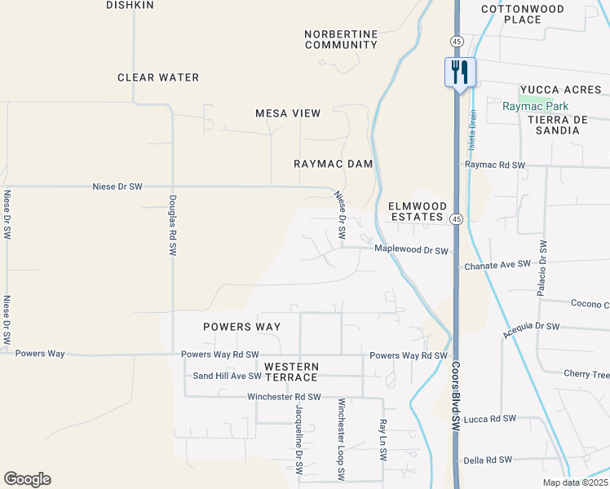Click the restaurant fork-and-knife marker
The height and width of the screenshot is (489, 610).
coord(459,72)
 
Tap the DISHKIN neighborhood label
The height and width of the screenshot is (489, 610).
coord(130,5)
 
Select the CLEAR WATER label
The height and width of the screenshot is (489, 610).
coord(158,77)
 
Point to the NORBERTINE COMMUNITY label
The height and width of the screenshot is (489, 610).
coord(341,39)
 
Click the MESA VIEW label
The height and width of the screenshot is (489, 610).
coord(288,113)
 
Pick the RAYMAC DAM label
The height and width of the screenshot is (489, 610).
coord(333,164)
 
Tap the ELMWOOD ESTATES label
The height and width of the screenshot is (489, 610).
coord(417,212)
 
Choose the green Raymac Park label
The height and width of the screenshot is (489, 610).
coord(535,106)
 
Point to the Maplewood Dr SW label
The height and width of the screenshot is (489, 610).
coord(412,250)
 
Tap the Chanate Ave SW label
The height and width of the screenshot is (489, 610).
coord(497,265)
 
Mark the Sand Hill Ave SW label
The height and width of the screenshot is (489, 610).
coord(227,376)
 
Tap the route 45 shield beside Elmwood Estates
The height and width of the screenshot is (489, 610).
coord(457,218)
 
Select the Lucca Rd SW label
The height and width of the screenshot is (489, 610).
coord(490,419)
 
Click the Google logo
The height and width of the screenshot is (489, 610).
coord(27,479)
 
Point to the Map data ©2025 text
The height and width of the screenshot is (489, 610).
coord(575,482)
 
